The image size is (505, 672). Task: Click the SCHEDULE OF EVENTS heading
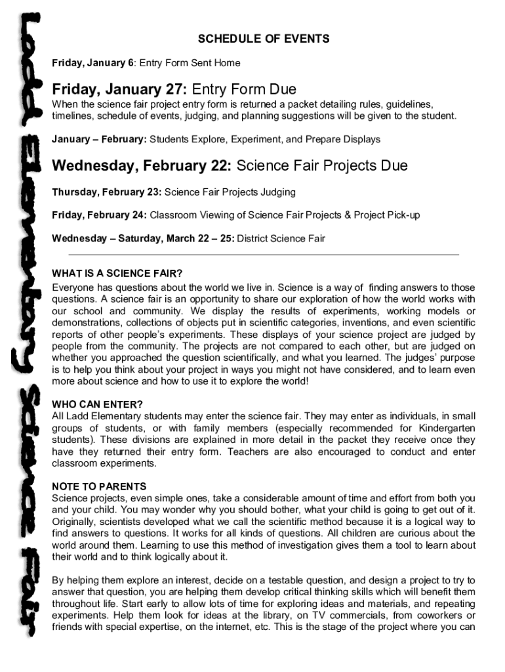pyautogui.click(x=264, y=39)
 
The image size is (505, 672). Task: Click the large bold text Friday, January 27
pyautogui.click(x=120, y=89)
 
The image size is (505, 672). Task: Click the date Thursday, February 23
pyautogui.click(x=106, y=192)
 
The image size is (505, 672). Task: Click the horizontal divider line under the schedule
pyautogui.click(x=264, y=254)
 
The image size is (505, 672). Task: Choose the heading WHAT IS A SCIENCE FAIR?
pyautogui.click(x=117, y=273)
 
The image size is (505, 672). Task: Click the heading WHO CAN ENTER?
pyautogui.click(x=97, y=404)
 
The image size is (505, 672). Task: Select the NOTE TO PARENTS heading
pyautogui.click(x=99, y=486)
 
